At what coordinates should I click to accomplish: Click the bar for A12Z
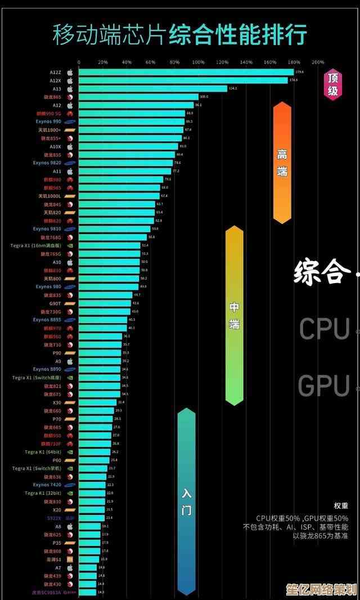[x=186, y=72]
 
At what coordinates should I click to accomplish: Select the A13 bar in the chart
[x=152, y=88]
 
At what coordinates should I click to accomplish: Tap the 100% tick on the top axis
[x=199, y=62]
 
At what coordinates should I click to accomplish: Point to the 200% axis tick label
[x=318, y=62]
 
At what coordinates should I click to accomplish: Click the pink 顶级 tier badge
[x=333, y=84]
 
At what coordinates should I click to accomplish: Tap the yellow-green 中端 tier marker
[x=234, y=315]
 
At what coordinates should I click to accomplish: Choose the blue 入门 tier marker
[x=186, y=501]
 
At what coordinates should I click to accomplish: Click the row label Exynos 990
[x=48, y=122]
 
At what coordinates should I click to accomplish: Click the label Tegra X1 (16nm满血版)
[x=36, y=245]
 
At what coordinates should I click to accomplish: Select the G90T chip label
[x=55, y=303]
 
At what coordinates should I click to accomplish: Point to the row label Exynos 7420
[x=47, y=485]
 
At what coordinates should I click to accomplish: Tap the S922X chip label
[x=54, y=518]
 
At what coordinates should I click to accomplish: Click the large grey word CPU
[x=325, y=329]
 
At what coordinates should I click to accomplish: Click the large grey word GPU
[x=323, y=386]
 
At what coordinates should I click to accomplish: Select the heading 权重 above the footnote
[x=341, y=505]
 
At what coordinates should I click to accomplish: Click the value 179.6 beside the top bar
[x=300, y=72]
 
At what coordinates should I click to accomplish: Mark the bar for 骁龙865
[x=138, y=97]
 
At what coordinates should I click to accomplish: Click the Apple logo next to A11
[x=70, y=171]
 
